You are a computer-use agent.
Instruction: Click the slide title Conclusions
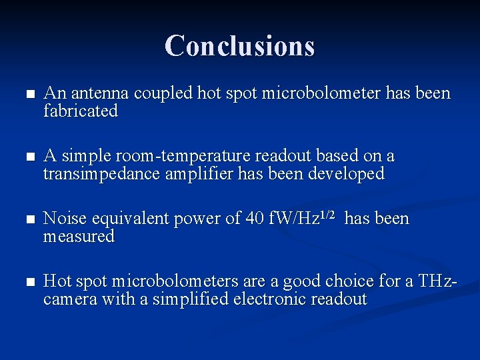239,45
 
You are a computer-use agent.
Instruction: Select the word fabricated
81,111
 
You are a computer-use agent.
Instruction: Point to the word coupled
163,93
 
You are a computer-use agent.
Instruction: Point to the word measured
79,237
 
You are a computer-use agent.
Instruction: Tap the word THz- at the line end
437,281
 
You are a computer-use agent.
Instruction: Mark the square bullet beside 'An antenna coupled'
26,95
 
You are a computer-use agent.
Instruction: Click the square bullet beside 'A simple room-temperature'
26,157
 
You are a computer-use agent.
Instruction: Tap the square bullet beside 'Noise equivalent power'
26,220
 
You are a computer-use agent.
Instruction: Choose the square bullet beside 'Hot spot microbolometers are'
26,283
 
